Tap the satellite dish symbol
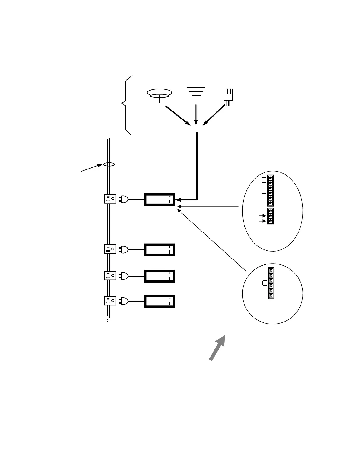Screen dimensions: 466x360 [x=159, y=94]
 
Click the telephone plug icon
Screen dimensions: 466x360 [x=228, y=96]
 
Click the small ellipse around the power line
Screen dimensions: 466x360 [x=109, y=165]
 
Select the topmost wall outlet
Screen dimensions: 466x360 [x=110, y=199]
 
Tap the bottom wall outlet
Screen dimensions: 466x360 [x=110, y=301]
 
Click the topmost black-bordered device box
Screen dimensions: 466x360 [x=160, y=199]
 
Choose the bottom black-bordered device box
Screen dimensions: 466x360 [x=160, y=301]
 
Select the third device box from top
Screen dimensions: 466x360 [x=160, y=276]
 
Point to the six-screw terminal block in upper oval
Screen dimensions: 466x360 [x=270, y=190]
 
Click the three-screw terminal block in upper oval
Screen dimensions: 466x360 [x=270, y=216]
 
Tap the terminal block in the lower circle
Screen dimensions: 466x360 [x=271, y=283]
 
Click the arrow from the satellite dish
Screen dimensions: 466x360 [x=178, y=115]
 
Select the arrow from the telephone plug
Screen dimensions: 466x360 [x=214, y=115]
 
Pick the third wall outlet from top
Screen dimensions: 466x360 [x=110, y=276]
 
